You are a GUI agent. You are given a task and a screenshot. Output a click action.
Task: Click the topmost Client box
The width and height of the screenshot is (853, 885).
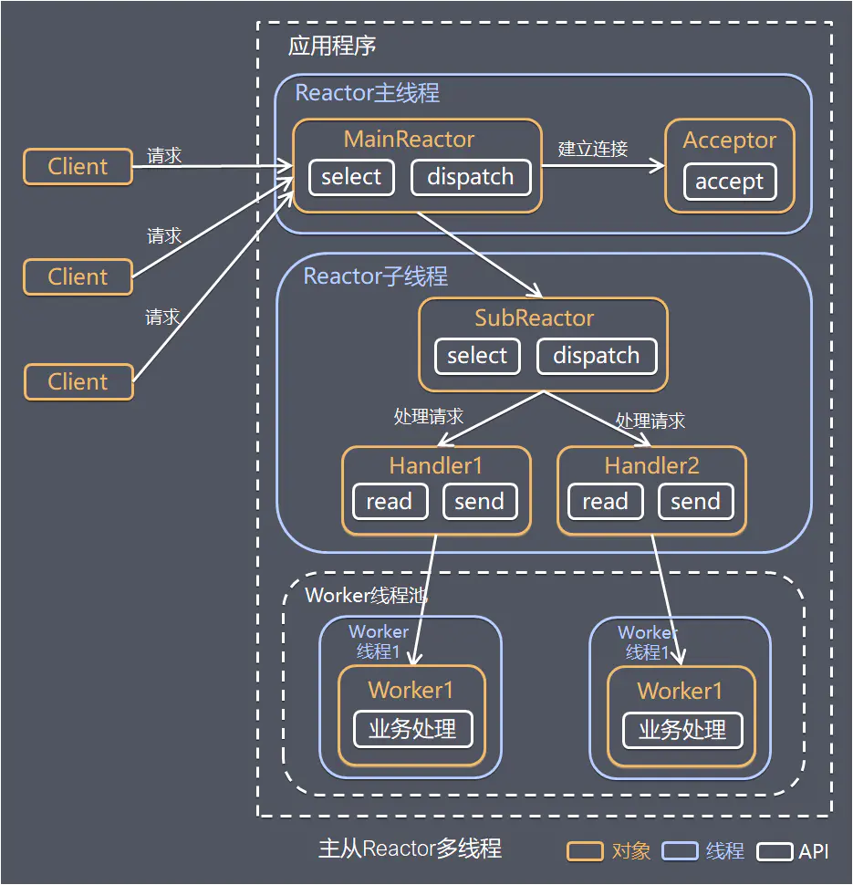coord(78,167)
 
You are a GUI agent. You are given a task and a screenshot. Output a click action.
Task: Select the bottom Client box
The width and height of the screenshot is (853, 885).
coord(78,382)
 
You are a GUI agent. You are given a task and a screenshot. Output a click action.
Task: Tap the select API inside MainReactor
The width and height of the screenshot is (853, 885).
coord(351,177)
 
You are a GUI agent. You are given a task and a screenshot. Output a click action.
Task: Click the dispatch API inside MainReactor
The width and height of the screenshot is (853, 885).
coord(470,177)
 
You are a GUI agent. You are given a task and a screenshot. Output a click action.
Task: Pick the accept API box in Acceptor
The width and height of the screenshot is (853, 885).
coord(729,182)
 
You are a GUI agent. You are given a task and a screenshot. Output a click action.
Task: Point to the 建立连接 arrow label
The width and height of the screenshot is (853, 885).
coord(593,149)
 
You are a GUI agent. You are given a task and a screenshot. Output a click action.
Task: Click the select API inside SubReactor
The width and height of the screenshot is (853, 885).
coord(477,356)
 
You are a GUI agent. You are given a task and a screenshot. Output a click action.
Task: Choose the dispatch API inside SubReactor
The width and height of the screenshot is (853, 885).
coord(597,356)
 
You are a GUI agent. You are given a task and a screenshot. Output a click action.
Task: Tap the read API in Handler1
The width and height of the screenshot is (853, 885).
coord(390,502)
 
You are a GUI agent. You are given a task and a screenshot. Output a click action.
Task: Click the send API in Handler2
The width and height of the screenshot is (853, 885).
coord(695,502)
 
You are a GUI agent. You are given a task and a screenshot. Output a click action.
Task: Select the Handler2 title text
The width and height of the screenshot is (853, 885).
coord(651,466)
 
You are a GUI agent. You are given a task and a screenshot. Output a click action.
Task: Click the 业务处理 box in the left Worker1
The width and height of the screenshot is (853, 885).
coord(412,729)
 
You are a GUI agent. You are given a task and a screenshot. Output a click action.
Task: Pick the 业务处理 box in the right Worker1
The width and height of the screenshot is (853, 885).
coord(682,730)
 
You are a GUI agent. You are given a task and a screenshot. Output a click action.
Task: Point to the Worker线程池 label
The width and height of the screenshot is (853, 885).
coord(366,596)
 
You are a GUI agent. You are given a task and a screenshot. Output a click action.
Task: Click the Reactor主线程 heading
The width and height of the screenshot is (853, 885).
coord(367,93)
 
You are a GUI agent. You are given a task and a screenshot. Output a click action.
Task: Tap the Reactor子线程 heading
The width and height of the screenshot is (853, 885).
coord(375,276)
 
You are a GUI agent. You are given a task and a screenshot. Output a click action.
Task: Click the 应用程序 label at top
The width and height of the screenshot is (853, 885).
coord(331,46)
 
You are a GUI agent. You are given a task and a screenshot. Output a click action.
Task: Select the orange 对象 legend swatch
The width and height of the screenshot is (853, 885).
coord(585,851)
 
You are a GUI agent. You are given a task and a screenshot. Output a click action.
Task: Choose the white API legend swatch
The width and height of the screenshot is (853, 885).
coord(775,851)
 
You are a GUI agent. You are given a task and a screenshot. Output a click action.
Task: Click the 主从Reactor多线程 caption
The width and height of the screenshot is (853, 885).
coord(410,849)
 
